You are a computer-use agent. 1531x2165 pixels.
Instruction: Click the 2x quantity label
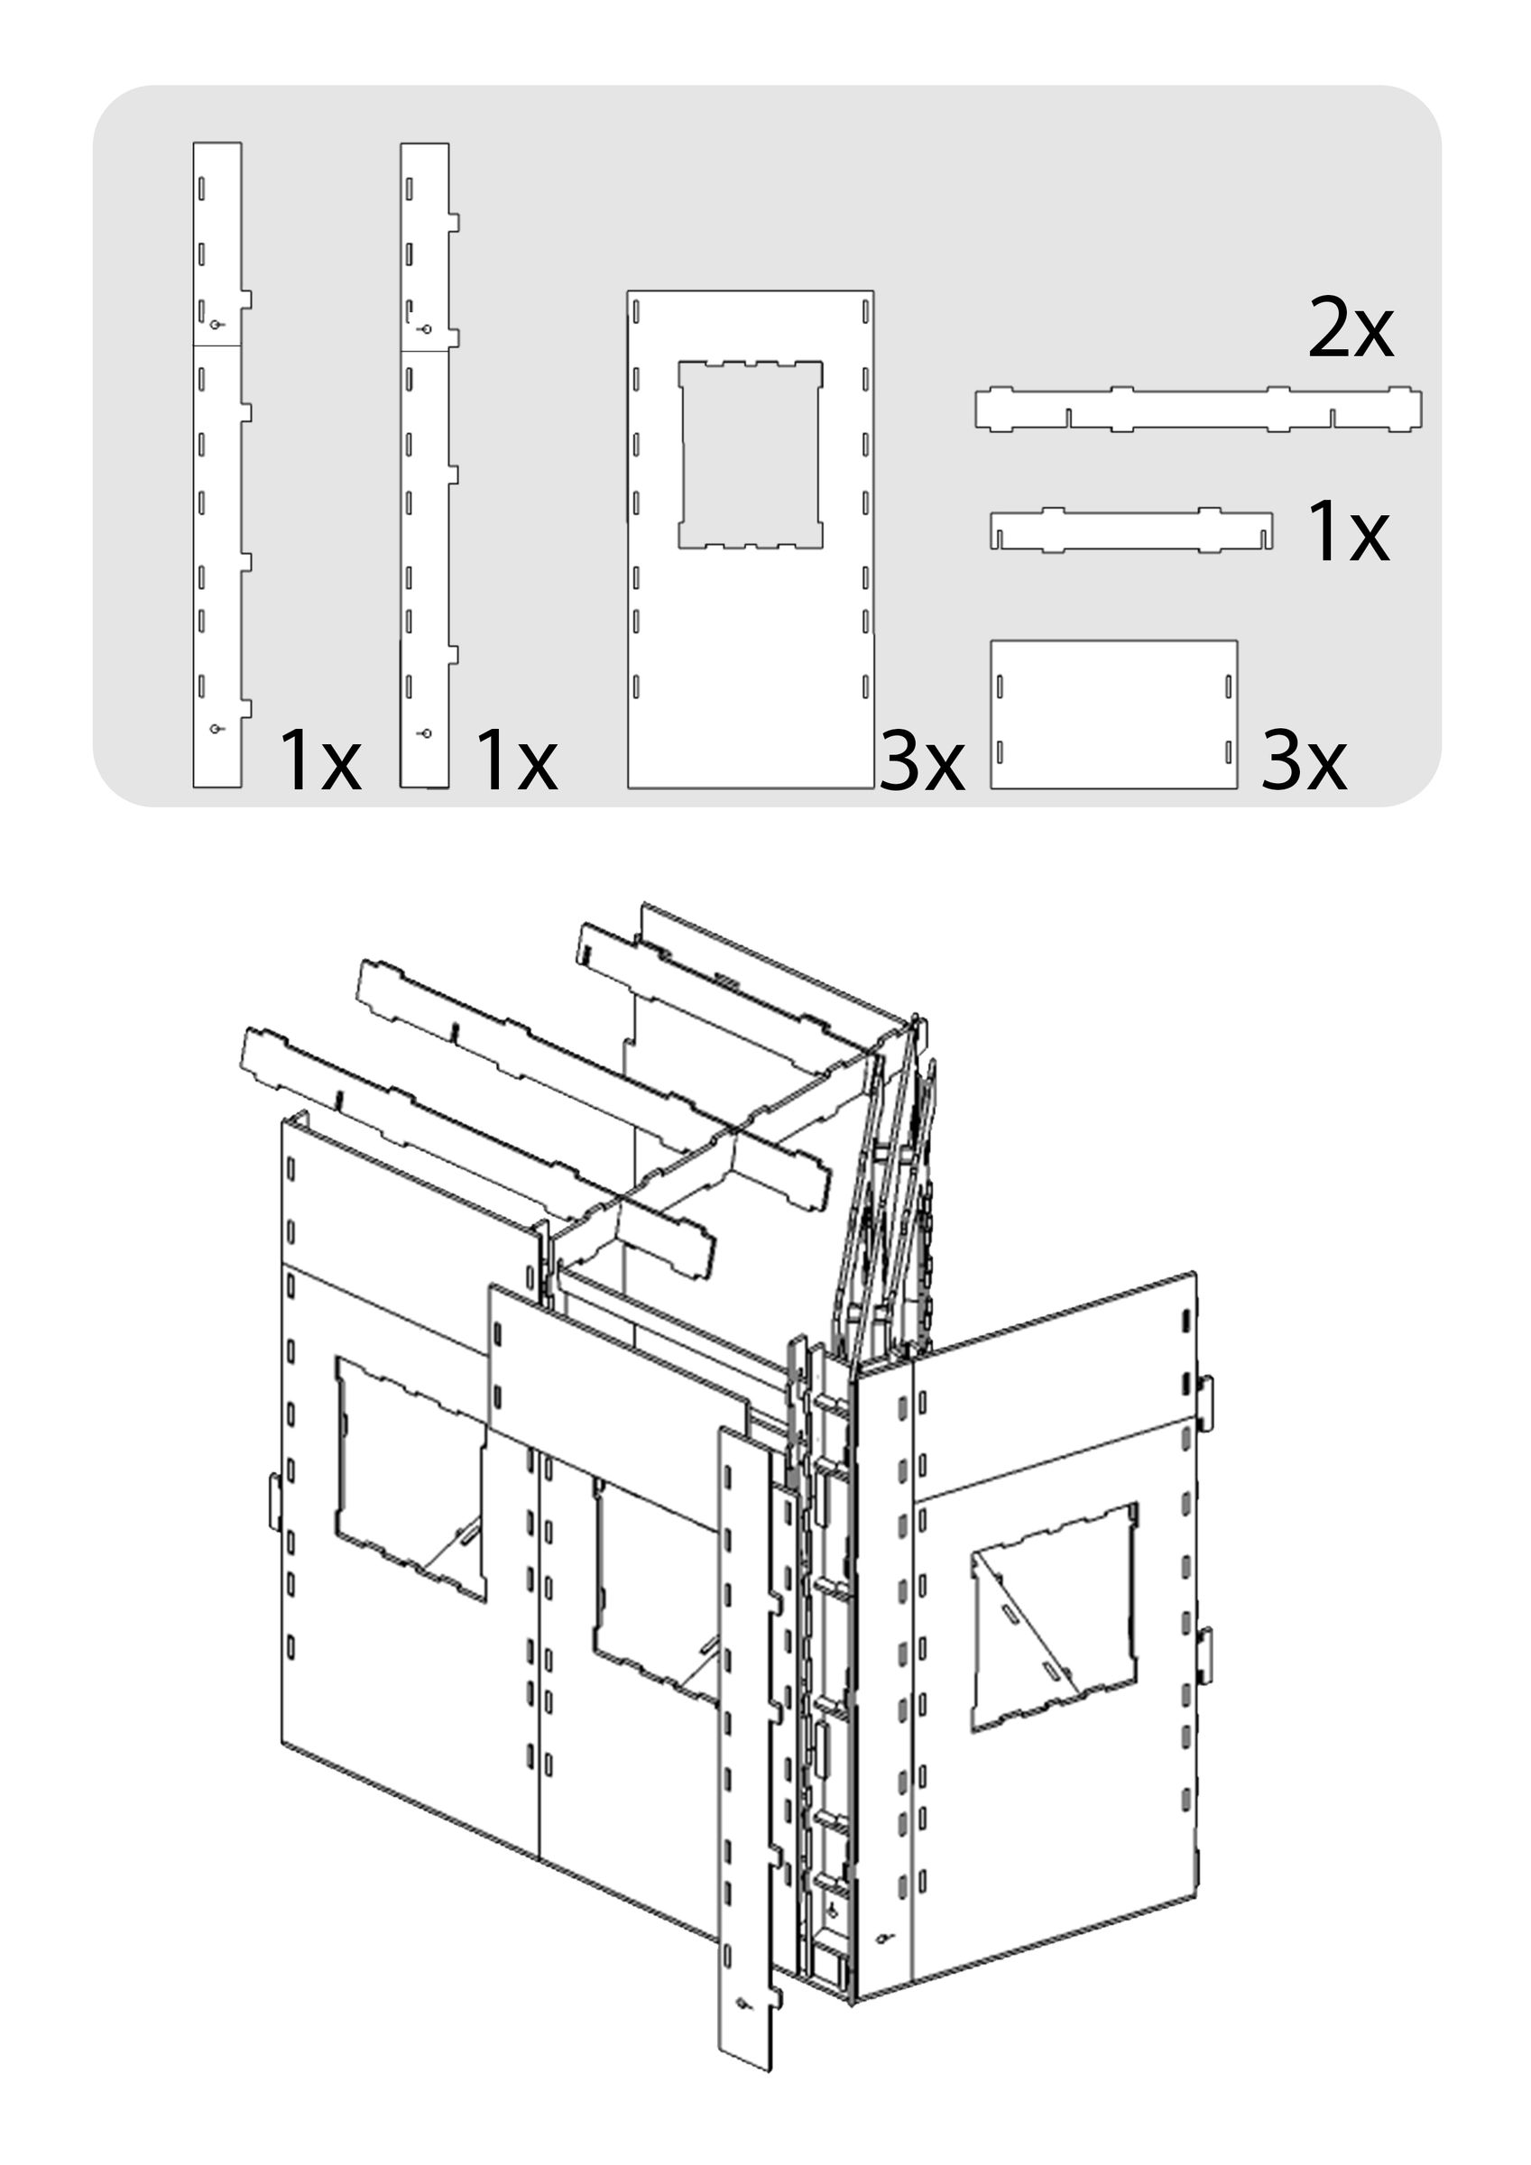(x=1350, y=329)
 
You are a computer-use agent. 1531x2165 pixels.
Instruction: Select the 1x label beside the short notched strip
(x=1347, y=533)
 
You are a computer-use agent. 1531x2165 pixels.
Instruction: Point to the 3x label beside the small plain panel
(x=1303, y=760)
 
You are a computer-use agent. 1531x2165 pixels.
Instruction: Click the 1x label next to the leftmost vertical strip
(x=319, y=760)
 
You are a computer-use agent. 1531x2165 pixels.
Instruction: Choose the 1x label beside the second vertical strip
(x=516, y=760)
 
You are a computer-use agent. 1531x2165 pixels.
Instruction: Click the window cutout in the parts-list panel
(x=750, y=454)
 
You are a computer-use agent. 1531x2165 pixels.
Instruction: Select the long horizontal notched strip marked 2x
(x=1198, y=410)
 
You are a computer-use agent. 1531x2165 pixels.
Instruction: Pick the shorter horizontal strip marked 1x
(x=1130, y=531)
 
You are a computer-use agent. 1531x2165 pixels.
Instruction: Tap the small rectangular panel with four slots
(x=1113, y=714)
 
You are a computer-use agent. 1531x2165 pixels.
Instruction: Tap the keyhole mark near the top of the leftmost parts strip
(x=216, y=325)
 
